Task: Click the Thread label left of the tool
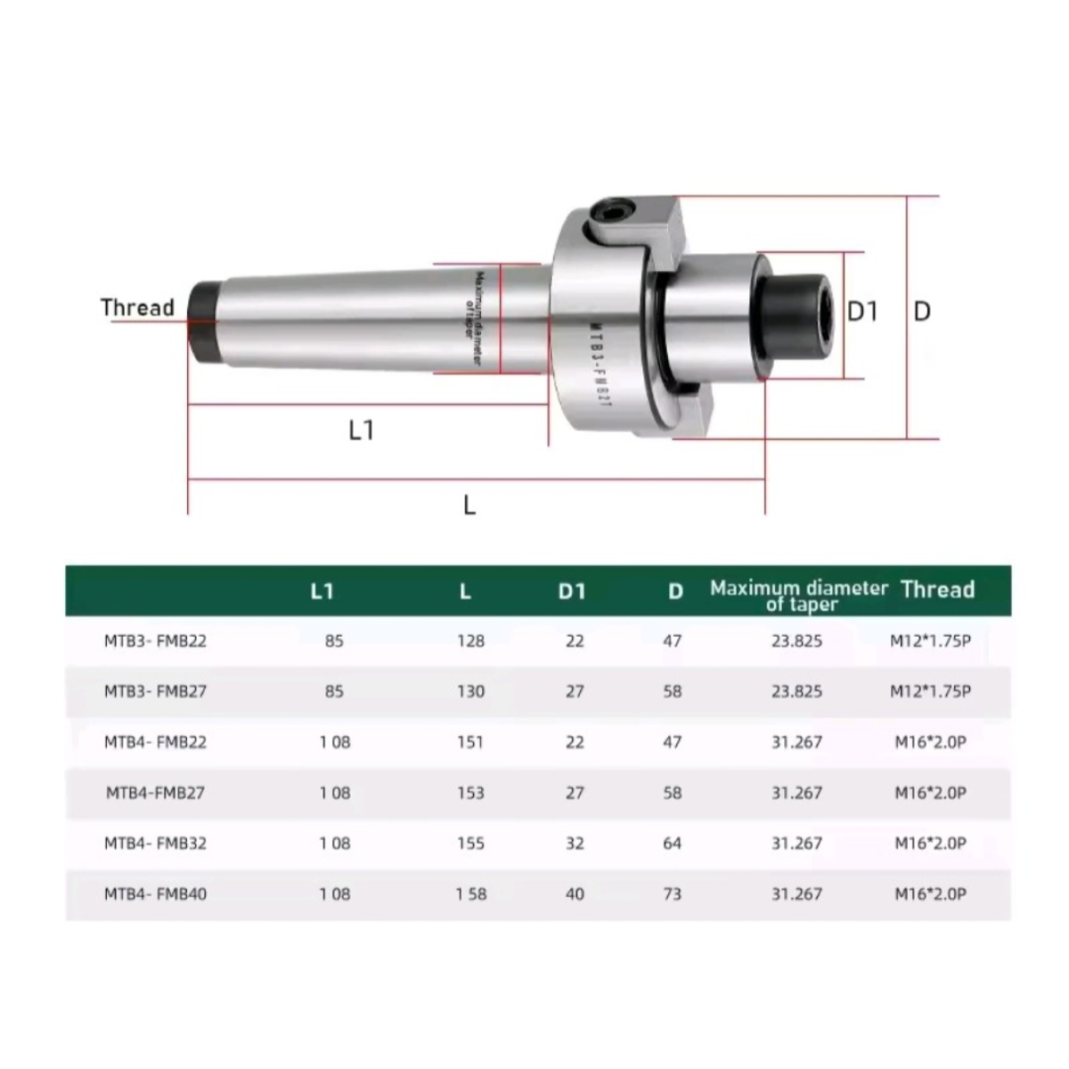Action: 137,306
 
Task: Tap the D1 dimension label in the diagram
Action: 862,312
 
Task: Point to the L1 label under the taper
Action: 361,430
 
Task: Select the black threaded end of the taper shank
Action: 204,322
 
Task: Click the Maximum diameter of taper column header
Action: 799,596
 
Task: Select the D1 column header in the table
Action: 571,592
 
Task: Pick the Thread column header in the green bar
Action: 937,589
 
